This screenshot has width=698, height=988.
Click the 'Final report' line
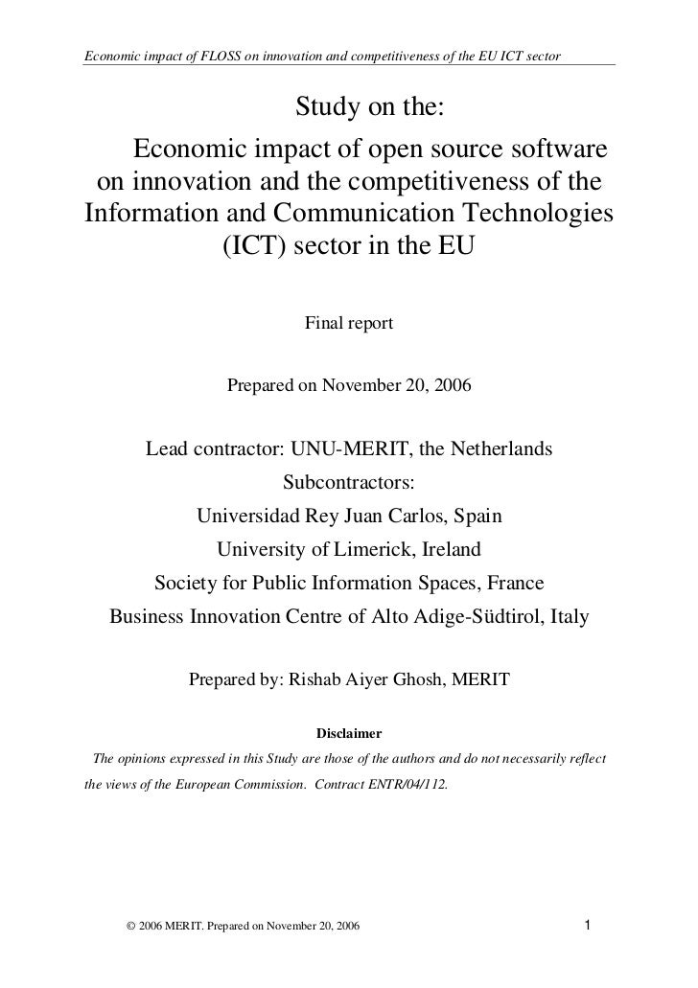click(x=349, y=324)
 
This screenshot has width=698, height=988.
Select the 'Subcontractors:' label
click(x=349, y=482)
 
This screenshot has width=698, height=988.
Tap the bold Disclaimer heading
click(x=349, y=734)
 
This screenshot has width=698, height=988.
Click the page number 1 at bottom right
click(x=588, y=926)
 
